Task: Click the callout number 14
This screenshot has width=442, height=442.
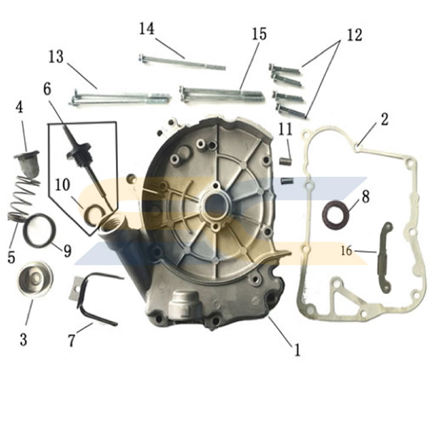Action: pyautogui.click(x=147, y=29)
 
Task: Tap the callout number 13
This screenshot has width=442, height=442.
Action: pyautogui.click(x=56, y=57)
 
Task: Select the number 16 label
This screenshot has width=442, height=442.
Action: pyautogui.click(x=347, y=250)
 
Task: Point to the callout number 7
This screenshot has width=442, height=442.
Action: pyautogui.click(x=71, y=340)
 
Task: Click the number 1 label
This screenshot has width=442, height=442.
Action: pyautogui.click(x=297, y=349)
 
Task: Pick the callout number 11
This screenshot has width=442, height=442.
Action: pyautogui.click(x=286, y=130)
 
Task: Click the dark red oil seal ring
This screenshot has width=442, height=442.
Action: pyautogui.click(x=335, y=215)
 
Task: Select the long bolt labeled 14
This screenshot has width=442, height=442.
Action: pyautogui.click(x=182, y=62)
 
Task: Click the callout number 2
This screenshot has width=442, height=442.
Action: pyautogui.click(x=384, y=120)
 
